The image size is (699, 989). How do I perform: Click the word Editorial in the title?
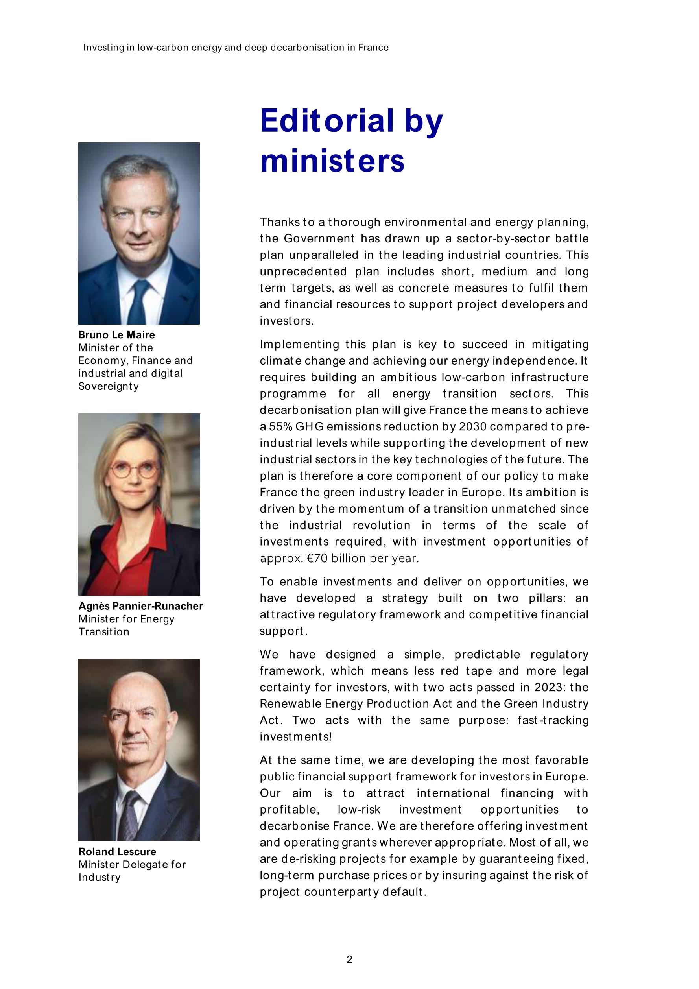[x=327, y=121]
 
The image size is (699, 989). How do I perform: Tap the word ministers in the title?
[x=332, y=161]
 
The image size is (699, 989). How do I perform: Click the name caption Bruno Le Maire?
[x=116, y=335]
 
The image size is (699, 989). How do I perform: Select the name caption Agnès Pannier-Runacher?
[x=140, y=606]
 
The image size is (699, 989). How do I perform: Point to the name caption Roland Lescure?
[x=117, y=852]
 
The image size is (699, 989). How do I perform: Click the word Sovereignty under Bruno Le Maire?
[x=109, y=386]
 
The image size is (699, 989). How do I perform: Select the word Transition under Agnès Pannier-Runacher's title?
[x=104, y=632]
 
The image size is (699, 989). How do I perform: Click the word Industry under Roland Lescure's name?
[x=100, y=877]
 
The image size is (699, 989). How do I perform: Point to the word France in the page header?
[x=373, y=48]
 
